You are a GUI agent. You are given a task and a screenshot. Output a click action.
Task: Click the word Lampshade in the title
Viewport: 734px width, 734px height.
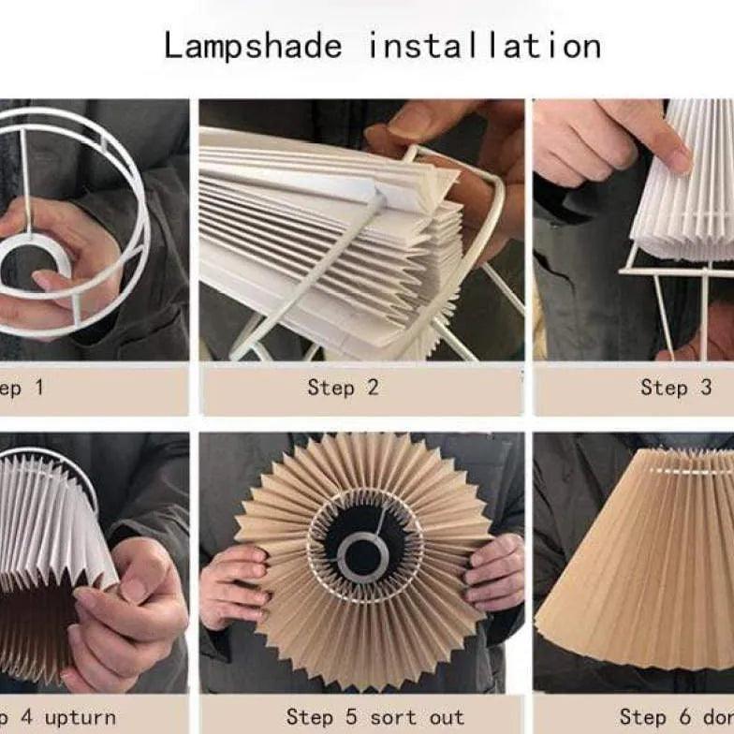[x=253, y=45]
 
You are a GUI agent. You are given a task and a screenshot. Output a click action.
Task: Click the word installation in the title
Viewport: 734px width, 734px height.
[x=483, y=45]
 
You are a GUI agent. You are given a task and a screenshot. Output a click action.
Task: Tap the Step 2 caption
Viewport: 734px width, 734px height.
[x=343, y=388]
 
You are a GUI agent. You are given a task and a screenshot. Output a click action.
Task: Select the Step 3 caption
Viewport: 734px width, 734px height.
[x=676, y=388]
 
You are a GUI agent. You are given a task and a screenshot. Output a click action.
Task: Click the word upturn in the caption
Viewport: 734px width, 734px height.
[x=80, y=718]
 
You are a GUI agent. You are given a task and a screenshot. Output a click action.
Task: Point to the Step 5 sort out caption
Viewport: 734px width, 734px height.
[x=374, y=718]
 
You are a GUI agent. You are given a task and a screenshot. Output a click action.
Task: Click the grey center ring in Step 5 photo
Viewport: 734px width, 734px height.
[x=363, y=554]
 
